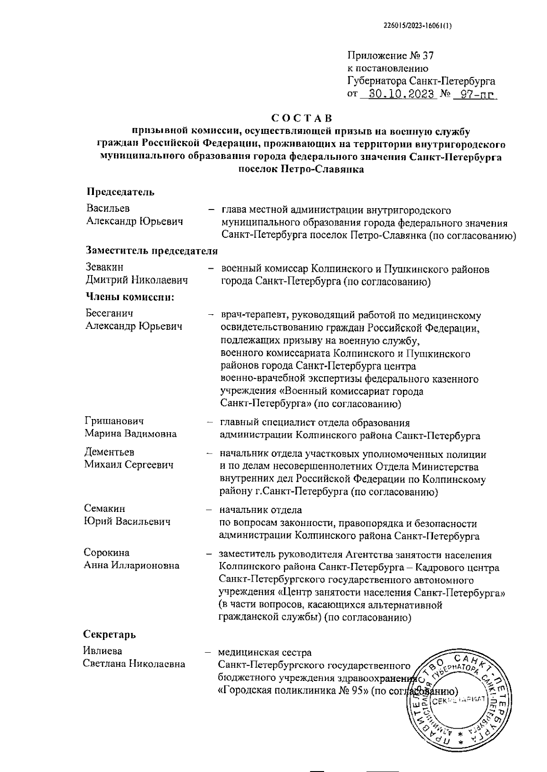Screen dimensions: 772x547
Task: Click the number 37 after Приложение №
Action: click(428, 56)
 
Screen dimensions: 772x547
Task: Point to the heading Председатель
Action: click(120, 192)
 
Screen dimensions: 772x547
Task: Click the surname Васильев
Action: click(108, 208)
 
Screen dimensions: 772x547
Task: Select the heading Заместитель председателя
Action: click(152, 251)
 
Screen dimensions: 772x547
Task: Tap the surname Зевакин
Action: click(105, 267)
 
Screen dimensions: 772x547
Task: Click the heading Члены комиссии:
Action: click(131, 297)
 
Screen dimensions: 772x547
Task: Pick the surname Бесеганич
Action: click(109, 313)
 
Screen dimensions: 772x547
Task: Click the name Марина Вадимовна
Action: click(131, 434)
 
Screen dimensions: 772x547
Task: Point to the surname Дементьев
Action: click(109, 452)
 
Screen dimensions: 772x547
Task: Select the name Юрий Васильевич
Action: click(127, 521)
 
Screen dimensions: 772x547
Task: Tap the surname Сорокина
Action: click(107, 552)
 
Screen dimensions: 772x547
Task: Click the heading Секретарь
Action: click(109, 634)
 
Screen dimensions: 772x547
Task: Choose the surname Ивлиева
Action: click(103, 651)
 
